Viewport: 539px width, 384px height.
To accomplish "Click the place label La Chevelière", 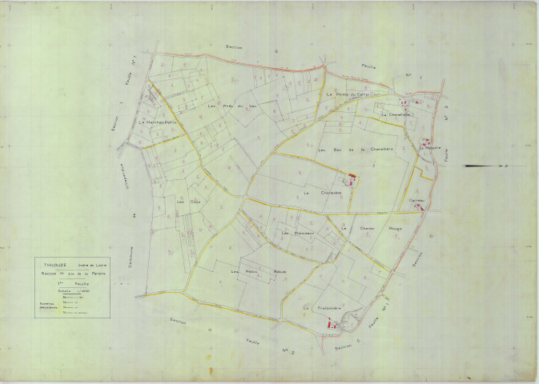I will pos(396,114).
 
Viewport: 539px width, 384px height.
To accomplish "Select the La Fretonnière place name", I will pos(323,307).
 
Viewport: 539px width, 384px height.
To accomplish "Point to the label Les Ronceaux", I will pos(296,233).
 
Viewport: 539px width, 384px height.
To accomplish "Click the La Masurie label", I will pos(430,147).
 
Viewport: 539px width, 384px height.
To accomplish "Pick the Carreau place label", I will pos(416,200).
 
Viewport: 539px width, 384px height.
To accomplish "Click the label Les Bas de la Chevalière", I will pos(356,150).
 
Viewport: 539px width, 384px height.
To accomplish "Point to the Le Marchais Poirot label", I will pos(157,122).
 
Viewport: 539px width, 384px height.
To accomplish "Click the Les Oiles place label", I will pos(187,201).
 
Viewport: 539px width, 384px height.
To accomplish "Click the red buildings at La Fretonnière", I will pos(332,324).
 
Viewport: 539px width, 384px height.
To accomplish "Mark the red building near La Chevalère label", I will pos(350,180).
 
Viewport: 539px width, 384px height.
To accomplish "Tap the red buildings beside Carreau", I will pos(420,206).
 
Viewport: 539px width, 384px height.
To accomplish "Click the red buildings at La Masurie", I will pos(423,142).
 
